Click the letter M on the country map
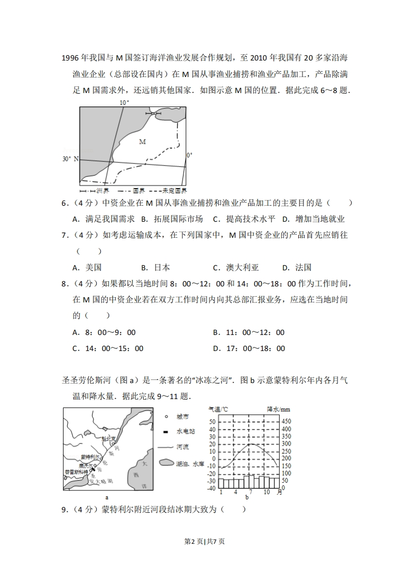(142, 141)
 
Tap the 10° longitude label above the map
(124, 103)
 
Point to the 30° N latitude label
(70, 159)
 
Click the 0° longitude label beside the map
(189, 155)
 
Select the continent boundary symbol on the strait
(154, 113)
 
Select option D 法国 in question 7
(297, 268)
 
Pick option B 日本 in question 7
(156, 268)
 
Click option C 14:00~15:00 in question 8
(108, 349)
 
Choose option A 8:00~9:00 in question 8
(104, 333)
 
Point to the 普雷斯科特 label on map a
(76, 472)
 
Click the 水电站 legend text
(186, 432)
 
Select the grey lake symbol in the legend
(165, 463)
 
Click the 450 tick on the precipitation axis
(286, 421)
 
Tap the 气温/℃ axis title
(218, 409)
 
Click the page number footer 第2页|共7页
(205, 541)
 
